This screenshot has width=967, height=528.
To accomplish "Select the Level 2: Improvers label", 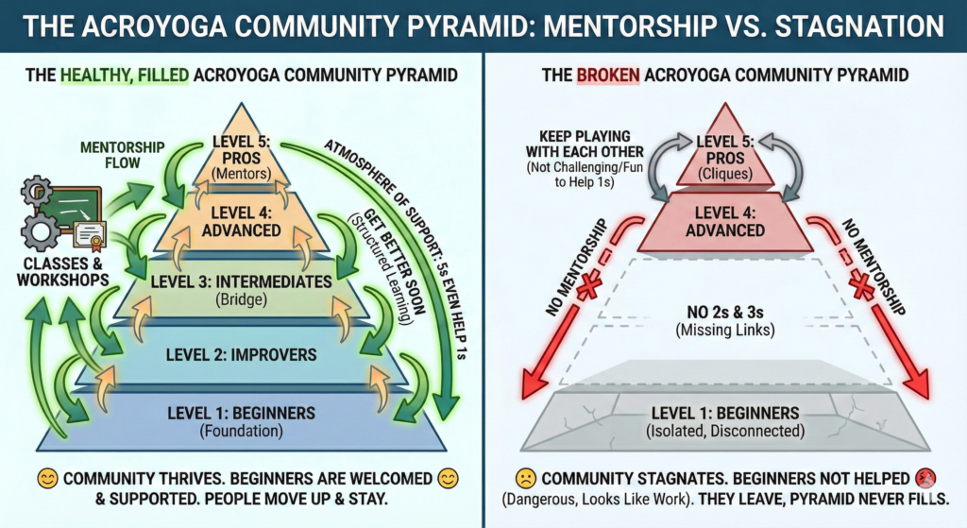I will pyautogui.click(x=242, y=354).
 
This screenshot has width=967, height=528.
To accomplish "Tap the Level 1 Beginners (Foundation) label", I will pyautogui.click(x=242, y=420).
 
